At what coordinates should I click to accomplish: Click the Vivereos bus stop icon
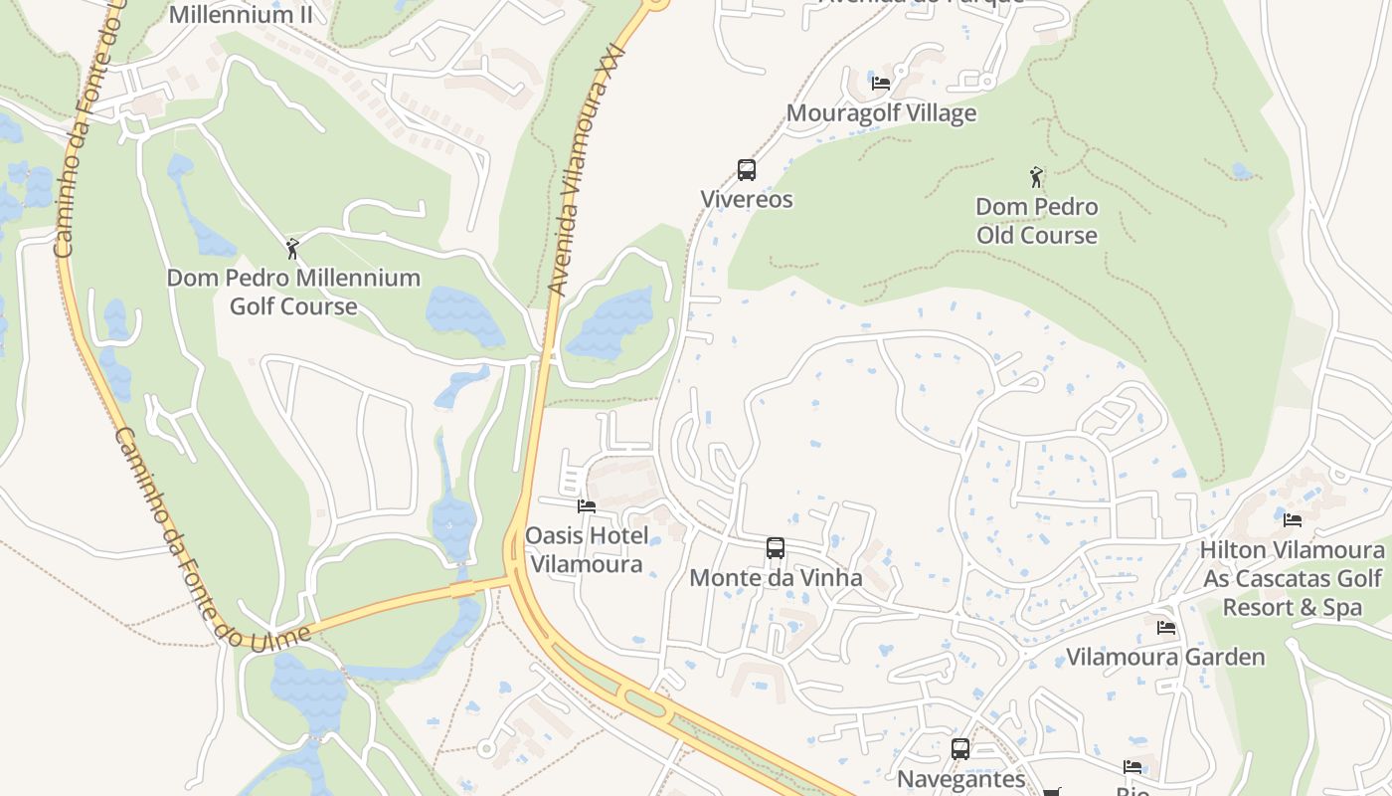pos(747,170)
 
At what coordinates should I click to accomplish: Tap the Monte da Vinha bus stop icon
pos(776,548)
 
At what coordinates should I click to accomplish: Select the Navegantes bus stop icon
pos(960,749)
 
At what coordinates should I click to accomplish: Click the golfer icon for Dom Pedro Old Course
pos(1037,178)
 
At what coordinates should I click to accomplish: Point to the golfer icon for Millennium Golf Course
pos(292,249)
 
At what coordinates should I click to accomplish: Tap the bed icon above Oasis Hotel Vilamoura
pos(587,506)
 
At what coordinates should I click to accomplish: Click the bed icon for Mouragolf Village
pos(881,83)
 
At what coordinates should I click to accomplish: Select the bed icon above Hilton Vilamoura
pos(1293,519)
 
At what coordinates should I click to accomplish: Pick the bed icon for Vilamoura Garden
pos(1166,628)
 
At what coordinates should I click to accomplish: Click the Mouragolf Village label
pos(881,113)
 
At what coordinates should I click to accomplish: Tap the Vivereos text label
pos(747,199)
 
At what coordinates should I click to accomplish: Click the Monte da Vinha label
pos(776,577)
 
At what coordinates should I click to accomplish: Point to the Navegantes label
pos(960,778)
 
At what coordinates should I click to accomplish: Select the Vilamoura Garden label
pos(1165,657)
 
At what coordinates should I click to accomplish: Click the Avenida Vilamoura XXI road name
pos(587,169)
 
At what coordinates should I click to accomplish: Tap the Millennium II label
pos(241,15)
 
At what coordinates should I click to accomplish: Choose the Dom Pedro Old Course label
pos(1037,221)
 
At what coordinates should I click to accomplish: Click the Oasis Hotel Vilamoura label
pos(587,550)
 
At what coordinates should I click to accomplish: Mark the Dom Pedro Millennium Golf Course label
pos(293,292)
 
